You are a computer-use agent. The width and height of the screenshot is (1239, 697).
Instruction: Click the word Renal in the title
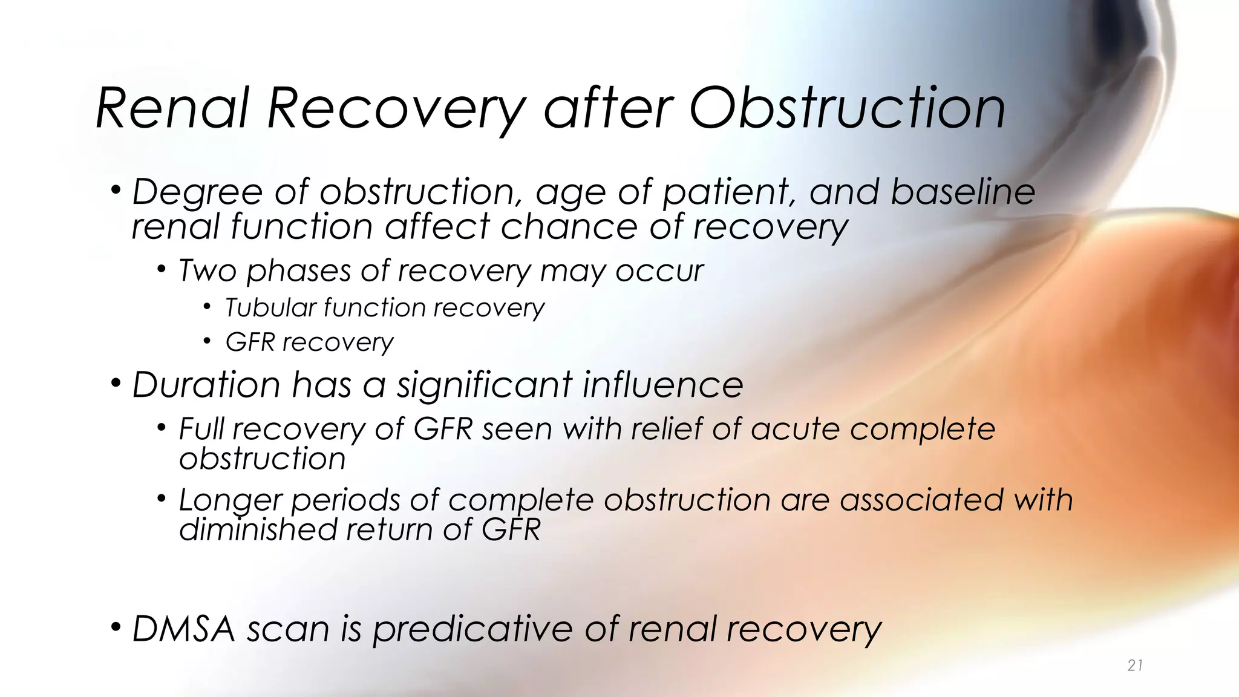pos(172,109)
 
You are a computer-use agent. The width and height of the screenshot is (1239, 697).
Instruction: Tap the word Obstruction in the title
pos(847,109)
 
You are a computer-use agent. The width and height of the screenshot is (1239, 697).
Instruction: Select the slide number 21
pos(1135,666)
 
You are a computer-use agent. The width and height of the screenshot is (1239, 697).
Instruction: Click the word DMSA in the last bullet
pos(183,629)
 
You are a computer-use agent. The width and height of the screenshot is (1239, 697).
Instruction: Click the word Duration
pos(206,385)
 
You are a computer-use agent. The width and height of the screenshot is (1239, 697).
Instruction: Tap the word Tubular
pos(269,308)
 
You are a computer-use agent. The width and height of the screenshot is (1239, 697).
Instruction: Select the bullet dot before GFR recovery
pos(207,342)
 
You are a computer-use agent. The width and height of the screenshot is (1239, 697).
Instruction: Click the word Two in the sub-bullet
pos(207,270)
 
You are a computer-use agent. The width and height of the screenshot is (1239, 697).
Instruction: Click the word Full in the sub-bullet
pos(201,430)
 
